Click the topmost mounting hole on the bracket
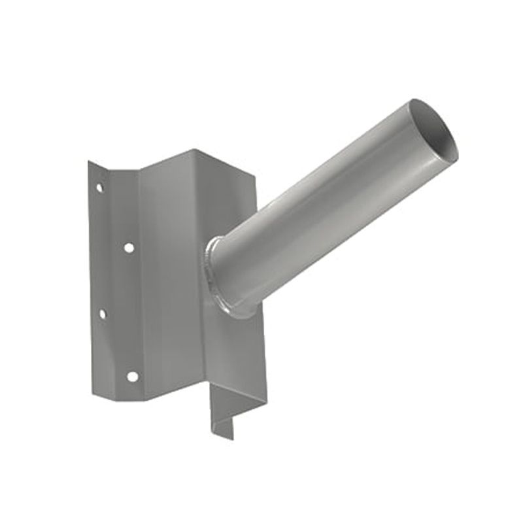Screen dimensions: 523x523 coord(99,188)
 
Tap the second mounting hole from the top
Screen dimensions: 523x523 coord(129,248)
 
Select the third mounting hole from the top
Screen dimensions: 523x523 coord(102,314)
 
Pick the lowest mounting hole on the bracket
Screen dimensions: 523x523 coord(132,377)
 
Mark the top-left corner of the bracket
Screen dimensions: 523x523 coord(90,162)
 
